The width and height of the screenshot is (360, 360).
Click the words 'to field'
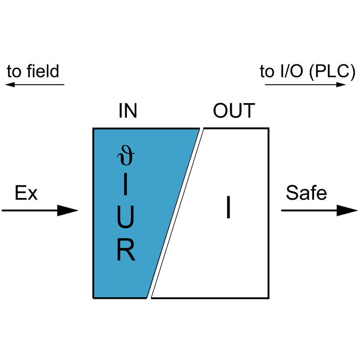[x=33, y=71]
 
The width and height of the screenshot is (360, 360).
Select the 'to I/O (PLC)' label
[x=307, y=71]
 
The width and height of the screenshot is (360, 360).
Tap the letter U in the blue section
[x=126, y=218]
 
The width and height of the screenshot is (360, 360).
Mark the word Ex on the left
[x=26, y=193]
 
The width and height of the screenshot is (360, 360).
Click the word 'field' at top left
[x=42, y=71]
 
